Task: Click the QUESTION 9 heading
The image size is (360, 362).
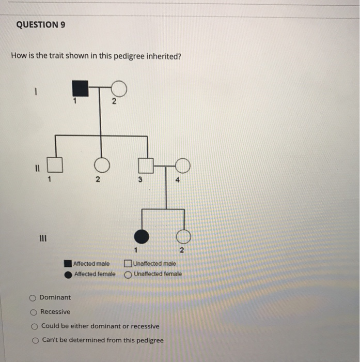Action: pyautogui.click(x=41, y=25)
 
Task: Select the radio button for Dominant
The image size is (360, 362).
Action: pyautogui.click(x=33, y=298)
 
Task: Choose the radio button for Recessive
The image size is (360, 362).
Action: pyautogui.click(x=33, y=312)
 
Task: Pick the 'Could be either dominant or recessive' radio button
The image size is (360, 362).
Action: pyautogui.click(x=34, y=326)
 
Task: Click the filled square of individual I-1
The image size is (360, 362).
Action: pyautogui.click(x=80, y=89)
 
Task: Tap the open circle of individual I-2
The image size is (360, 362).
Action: pyautogui.click(x=119, y=89)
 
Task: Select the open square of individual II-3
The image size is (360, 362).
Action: pyautogui.click(x=146, y=165)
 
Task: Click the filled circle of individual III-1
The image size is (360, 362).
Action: pyautogui.click(x=142, y=237)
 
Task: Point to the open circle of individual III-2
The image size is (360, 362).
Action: pyautogui.click(x=183, y=237)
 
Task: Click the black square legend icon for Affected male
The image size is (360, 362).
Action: pyautogui.click(x=68, y=264)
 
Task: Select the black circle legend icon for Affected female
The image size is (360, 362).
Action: pyautogui.click(x=68, y=275)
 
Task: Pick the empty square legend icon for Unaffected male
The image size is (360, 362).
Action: pyautogui.click(x=128, y=264)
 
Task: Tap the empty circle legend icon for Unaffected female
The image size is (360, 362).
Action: pyautogui.click(x=128, y=275)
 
